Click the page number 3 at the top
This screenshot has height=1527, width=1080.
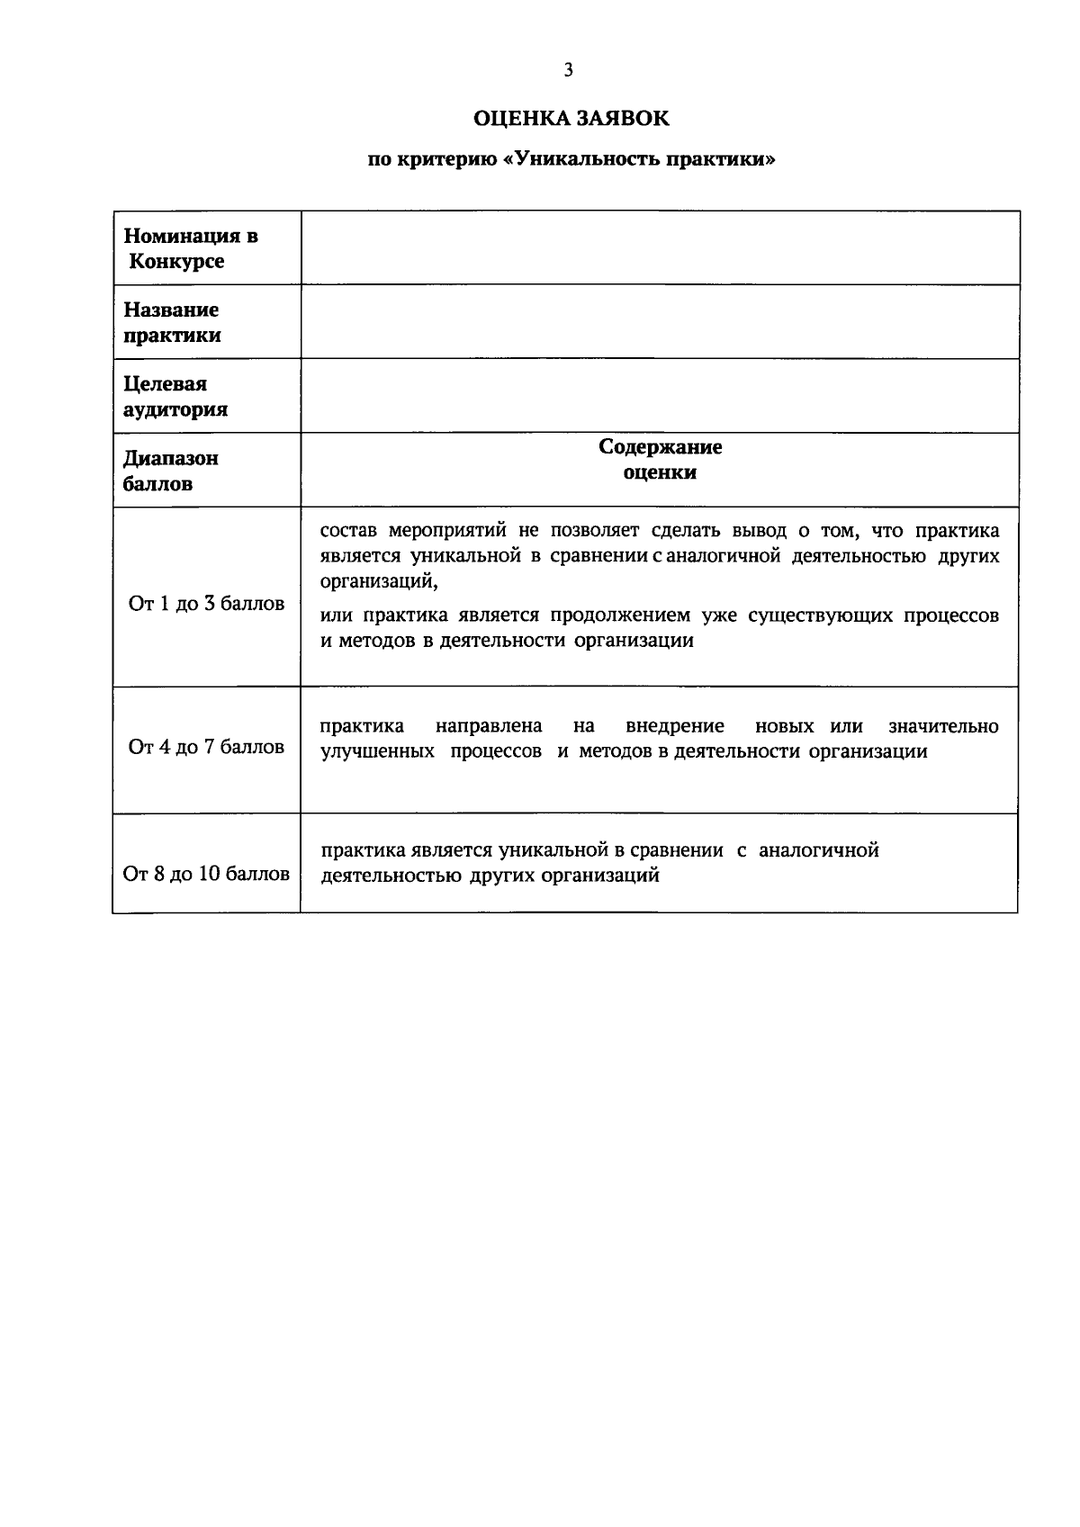[568, 70]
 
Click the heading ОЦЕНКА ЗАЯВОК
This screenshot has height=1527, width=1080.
[571, 119]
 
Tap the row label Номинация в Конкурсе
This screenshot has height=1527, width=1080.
[190, 248]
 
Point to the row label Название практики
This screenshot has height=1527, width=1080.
[172, 322]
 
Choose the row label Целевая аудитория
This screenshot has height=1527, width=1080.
[175, 397]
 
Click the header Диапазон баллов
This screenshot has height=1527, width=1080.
[170, 471]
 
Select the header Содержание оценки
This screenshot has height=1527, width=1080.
[660, 460]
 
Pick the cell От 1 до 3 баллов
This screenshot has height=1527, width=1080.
[207, 604]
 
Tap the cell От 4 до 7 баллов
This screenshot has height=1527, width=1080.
[207, 747]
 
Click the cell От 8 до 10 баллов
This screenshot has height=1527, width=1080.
[207, 874]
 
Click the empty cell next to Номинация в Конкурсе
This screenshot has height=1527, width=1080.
[660, 248]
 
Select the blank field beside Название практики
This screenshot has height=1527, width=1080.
[660, 322]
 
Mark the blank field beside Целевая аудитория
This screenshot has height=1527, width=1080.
[660, 397]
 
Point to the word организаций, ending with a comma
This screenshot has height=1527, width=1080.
[379, 581]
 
